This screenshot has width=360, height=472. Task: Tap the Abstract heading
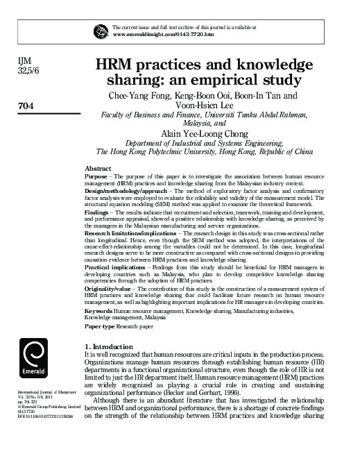(98, 169)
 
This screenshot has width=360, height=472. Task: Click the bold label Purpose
(97, 177)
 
